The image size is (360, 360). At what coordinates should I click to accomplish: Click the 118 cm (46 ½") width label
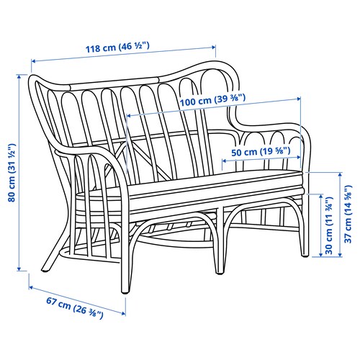click(117, 47)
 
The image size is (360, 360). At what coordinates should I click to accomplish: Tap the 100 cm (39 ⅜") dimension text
click(212, 100)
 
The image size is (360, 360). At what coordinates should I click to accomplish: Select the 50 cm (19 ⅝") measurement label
click(261, 152)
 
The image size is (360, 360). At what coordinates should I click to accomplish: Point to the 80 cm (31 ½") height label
click(12, 173)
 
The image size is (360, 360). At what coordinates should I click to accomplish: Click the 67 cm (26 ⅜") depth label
click(75, 308)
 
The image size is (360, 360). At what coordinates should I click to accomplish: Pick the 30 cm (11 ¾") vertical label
click(329, 225)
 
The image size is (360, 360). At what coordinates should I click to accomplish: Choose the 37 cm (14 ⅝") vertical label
click(348, 214)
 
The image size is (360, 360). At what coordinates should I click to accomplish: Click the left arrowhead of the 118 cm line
click(34, 61)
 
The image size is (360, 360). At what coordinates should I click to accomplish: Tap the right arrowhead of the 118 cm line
click(214, 47)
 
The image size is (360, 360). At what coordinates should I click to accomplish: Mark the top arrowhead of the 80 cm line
click(19, 76)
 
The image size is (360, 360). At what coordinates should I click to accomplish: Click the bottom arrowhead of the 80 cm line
click(19, 269)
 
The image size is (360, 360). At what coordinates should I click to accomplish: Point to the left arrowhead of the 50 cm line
click(224, 161)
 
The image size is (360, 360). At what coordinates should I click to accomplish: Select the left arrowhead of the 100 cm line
click(129, 116)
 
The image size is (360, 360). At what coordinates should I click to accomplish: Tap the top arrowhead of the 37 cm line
click(340, 175)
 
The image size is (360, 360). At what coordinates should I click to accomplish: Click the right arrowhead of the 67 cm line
click(123, 313)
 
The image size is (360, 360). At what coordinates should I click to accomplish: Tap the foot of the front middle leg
click(220, 273)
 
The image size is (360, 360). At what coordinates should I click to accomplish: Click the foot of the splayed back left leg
click(45, 271)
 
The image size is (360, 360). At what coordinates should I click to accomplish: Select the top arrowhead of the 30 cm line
click(320, 197)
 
